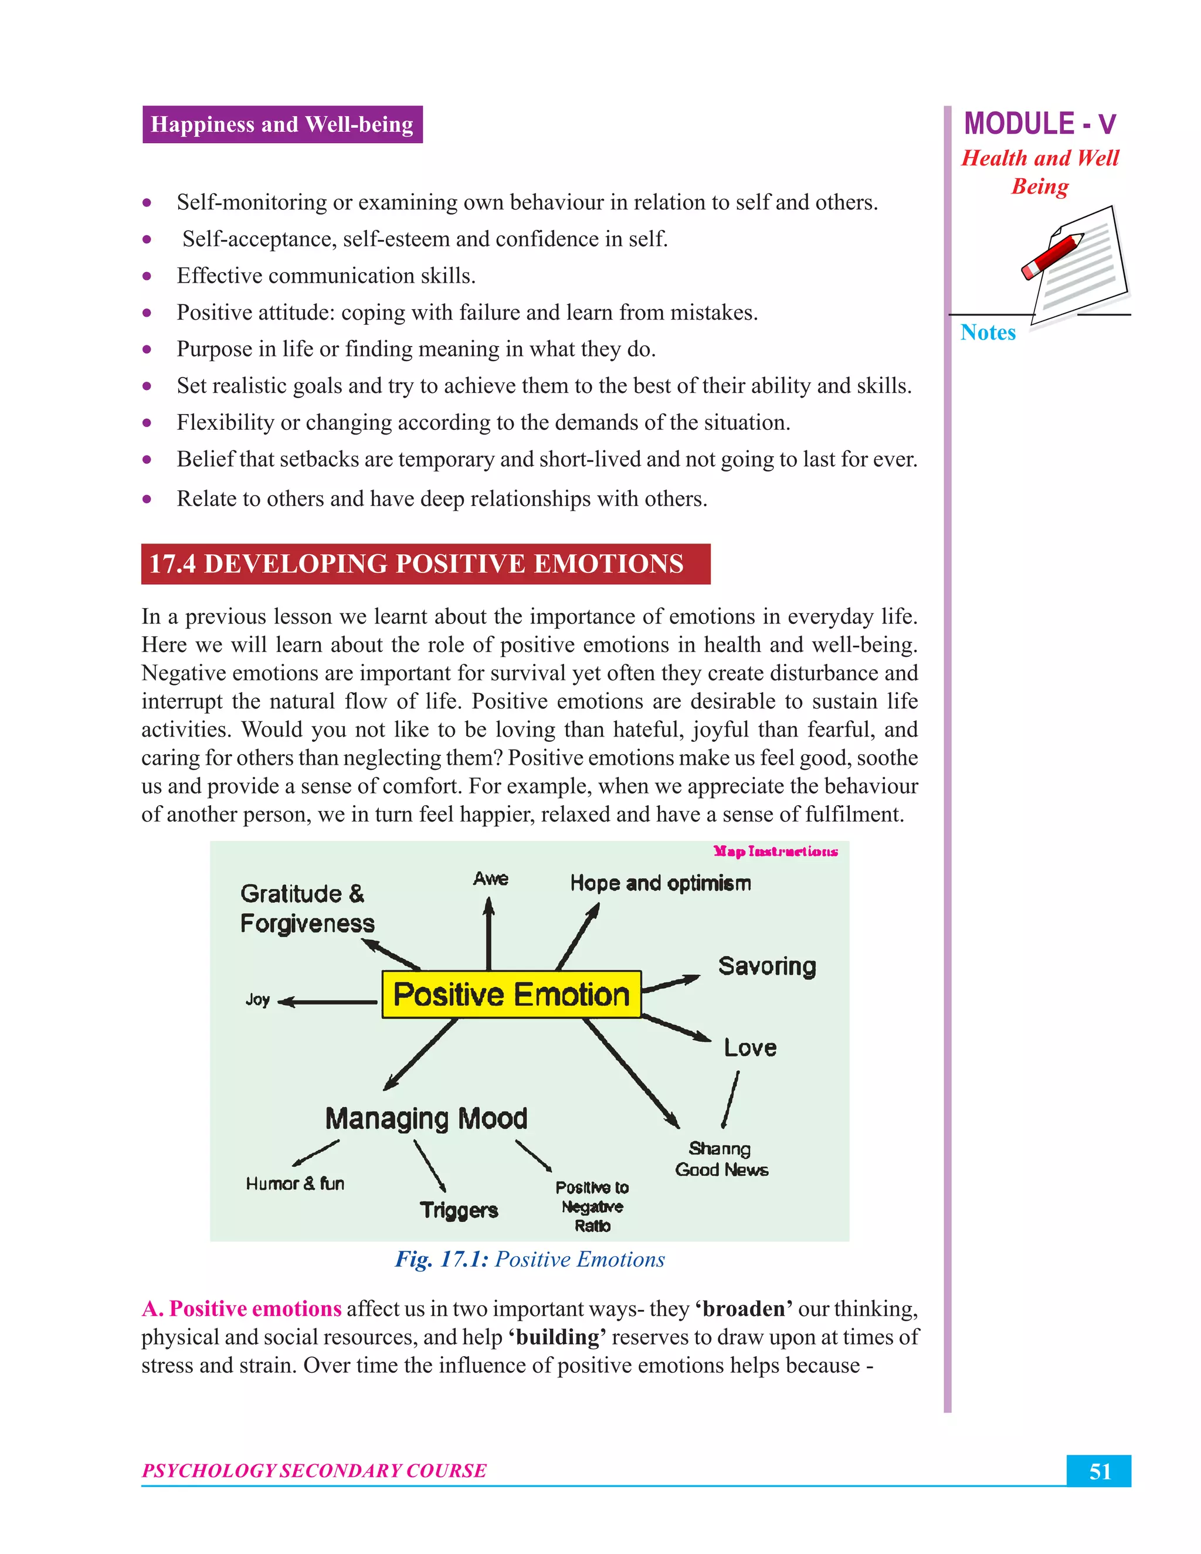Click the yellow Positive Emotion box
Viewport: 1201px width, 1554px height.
pos(511,994)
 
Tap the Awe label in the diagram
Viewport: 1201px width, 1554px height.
pos(490,879)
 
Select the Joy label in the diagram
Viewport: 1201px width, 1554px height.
pos(257,1000)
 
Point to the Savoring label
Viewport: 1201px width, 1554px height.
pos(767,966)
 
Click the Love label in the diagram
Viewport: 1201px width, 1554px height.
pos(750,1047)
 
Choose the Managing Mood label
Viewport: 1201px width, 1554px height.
pos(426,1118)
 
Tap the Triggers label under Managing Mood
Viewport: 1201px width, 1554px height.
pos(459,1210)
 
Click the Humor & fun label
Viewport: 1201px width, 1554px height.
pos(296,1183)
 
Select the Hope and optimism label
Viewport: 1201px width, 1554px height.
pos(660,883)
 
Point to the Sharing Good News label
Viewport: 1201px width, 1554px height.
pos(721,1159)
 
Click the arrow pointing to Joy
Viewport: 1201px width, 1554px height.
pos(327,1002)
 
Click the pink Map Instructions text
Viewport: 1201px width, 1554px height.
pos(775,851)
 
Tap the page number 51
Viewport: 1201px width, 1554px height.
pos(1100,1471)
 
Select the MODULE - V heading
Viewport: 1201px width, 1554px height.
pos(1040,124)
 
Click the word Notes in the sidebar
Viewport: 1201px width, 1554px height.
pos(988,332)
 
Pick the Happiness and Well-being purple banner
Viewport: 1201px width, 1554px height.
pos(283,124)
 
